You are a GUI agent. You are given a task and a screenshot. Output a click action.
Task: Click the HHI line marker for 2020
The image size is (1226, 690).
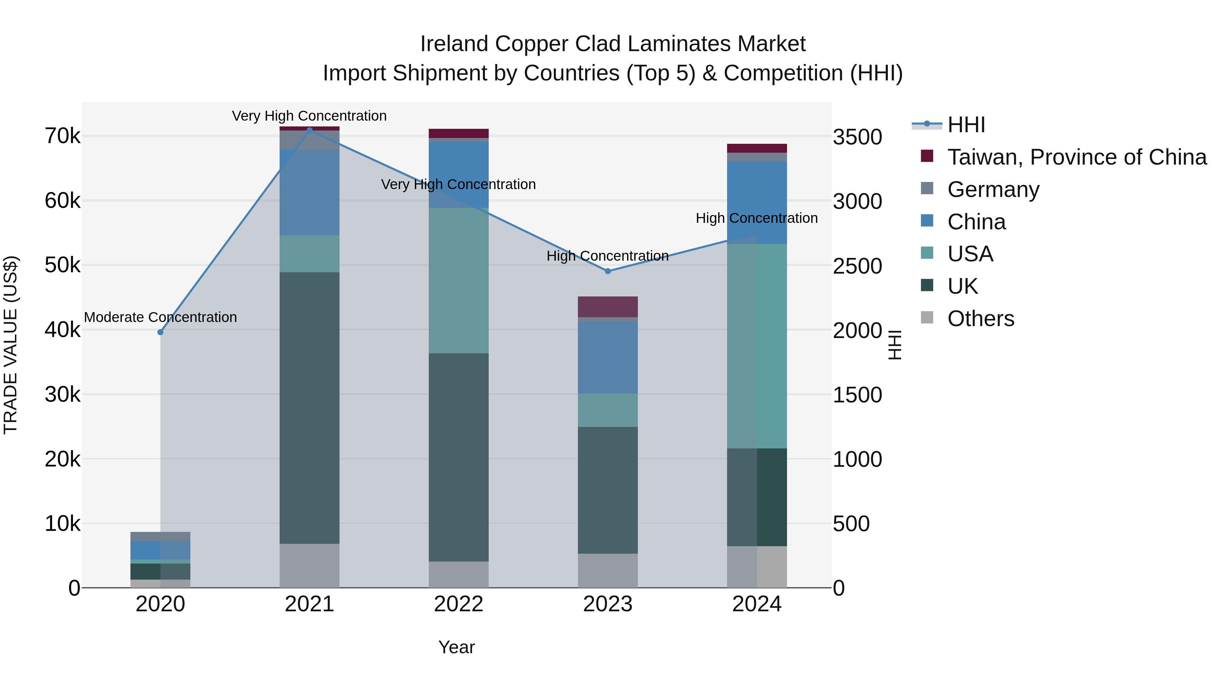coord(160,332)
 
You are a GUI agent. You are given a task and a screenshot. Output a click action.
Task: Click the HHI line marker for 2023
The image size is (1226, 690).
coord(608,271)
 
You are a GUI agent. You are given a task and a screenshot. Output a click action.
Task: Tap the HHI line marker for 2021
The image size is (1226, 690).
coord(309,130)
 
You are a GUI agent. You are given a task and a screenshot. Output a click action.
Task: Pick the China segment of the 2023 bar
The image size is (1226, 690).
coord(608,357)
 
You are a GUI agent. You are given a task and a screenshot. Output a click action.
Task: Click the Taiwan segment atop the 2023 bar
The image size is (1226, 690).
coord(608,307)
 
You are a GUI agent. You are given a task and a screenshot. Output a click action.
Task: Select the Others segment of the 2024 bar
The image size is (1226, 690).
coord(757,567)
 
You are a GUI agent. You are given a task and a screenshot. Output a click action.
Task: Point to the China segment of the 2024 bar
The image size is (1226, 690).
coord(757,202)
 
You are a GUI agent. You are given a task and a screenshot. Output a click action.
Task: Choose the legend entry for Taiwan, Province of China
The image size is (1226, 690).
coord(1076,157)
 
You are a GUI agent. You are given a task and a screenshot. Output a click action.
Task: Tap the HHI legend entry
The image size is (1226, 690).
coord(966,125)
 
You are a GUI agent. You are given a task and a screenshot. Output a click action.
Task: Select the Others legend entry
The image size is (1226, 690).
coord(980,319)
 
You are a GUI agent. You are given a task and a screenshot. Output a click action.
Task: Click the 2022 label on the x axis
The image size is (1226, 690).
coord(458,604)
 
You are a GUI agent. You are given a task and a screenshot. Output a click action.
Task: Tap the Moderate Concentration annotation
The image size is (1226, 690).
coord(160,317)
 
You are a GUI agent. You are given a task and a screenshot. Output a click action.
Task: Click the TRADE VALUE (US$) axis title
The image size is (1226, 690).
coord(11,345)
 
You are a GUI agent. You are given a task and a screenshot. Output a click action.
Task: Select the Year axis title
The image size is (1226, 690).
coord(456,647)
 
